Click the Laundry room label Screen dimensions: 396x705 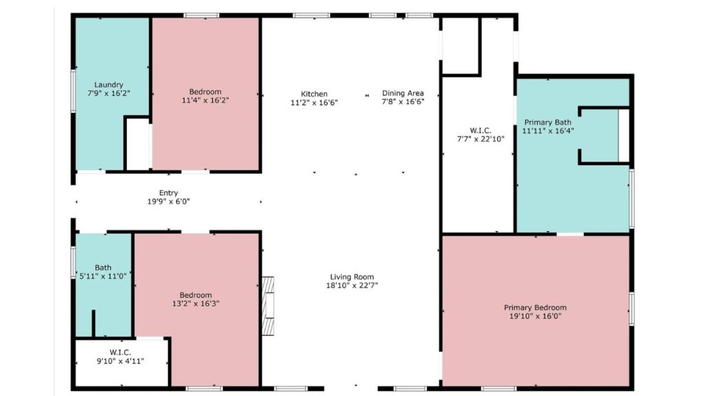click(x=109, y=85)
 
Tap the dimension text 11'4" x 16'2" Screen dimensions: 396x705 click(x=205, y=100)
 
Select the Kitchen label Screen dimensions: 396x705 click(x=314, y=93)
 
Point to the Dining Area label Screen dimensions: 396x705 click(x=403, y=93)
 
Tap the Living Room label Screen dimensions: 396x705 click(x=353, y=276)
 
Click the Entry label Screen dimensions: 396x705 click(x=169, y=193)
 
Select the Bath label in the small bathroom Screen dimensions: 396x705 click(x=103, y=267)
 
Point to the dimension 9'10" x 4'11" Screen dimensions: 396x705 click(x=120, y=360)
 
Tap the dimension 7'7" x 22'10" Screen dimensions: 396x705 click(x=481, y=138)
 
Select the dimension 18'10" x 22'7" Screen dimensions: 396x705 click(x=353, y=285)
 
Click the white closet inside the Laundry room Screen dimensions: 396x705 click(x=137, y=144)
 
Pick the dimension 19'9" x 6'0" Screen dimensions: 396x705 click(x=169, y=202)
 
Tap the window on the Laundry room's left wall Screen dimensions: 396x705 click(x=73, y=89)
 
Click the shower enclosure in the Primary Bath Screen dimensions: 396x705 click(x=603, y=135)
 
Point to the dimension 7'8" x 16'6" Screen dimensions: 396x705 click(x=403, y=102)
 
